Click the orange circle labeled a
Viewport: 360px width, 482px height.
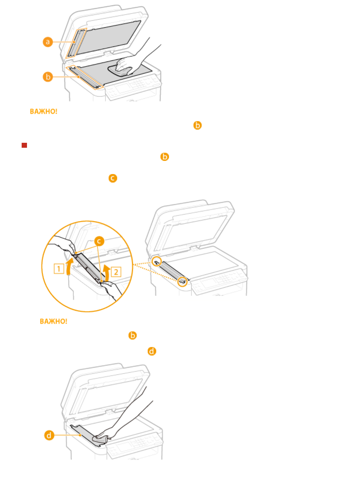pyautogui.click(x=48, y=42)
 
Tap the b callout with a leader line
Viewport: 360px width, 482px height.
pyautogui.click(x=48, y=77)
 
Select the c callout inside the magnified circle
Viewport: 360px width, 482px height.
pyautogui.click(x=99, y=241)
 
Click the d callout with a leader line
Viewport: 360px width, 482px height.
pyautogui.click(x=49, y=435)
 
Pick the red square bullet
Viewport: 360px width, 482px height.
pyautogui.click(x=24, y=145)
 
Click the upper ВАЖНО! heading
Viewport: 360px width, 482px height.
pyautogui.click(x=44, y=112)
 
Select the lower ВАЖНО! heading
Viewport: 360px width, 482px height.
pyautogui.click(x=54, y=321)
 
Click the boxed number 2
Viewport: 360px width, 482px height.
pyautogui.click(x=116, y=272)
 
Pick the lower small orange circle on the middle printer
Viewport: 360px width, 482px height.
pyautogui.click(x=182, y=282)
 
